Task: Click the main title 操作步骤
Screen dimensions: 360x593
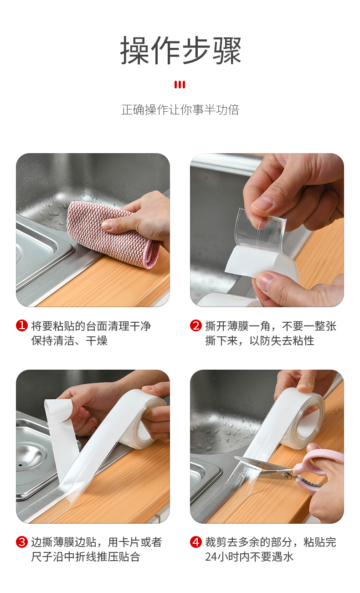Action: [x=180, y=50]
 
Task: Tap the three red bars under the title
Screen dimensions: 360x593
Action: [x=180, y=85]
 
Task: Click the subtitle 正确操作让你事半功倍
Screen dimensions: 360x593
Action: [x=180, y=109]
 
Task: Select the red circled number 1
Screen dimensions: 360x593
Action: [x=22, y=325]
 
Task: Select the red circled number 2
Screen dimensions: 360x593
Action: [x=196, y=325]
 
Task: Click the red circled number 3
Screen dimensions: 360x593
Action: [x=22, y=542]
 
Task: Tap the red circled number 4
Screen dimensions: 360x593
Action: [x=196, y=542]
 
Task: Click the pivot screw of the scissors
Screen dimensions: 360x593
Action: [x=286, y=476]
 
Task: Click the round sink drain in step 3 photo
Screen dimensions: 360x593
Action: [x=28, y=458]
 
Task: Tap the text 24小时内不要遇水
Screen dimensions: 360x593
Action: [x=249, y=557]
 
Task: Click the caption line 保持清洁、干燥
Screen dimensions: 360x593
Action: [x=69, y=340]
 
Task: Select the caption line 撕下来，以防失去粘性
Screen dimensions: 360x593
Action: [x=260, y=340]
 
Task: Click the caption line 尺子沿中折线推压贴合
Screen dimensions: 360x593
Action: [x=86, y=557]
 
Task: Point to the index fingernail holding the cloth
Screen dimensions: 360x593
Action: [x=108, y=225]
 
